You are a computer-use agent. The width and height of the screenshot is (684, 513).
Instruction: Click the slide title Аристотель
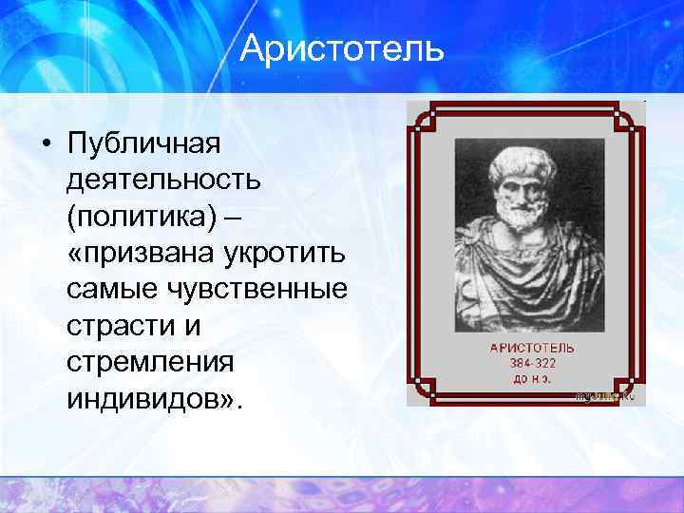point(342,48)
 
